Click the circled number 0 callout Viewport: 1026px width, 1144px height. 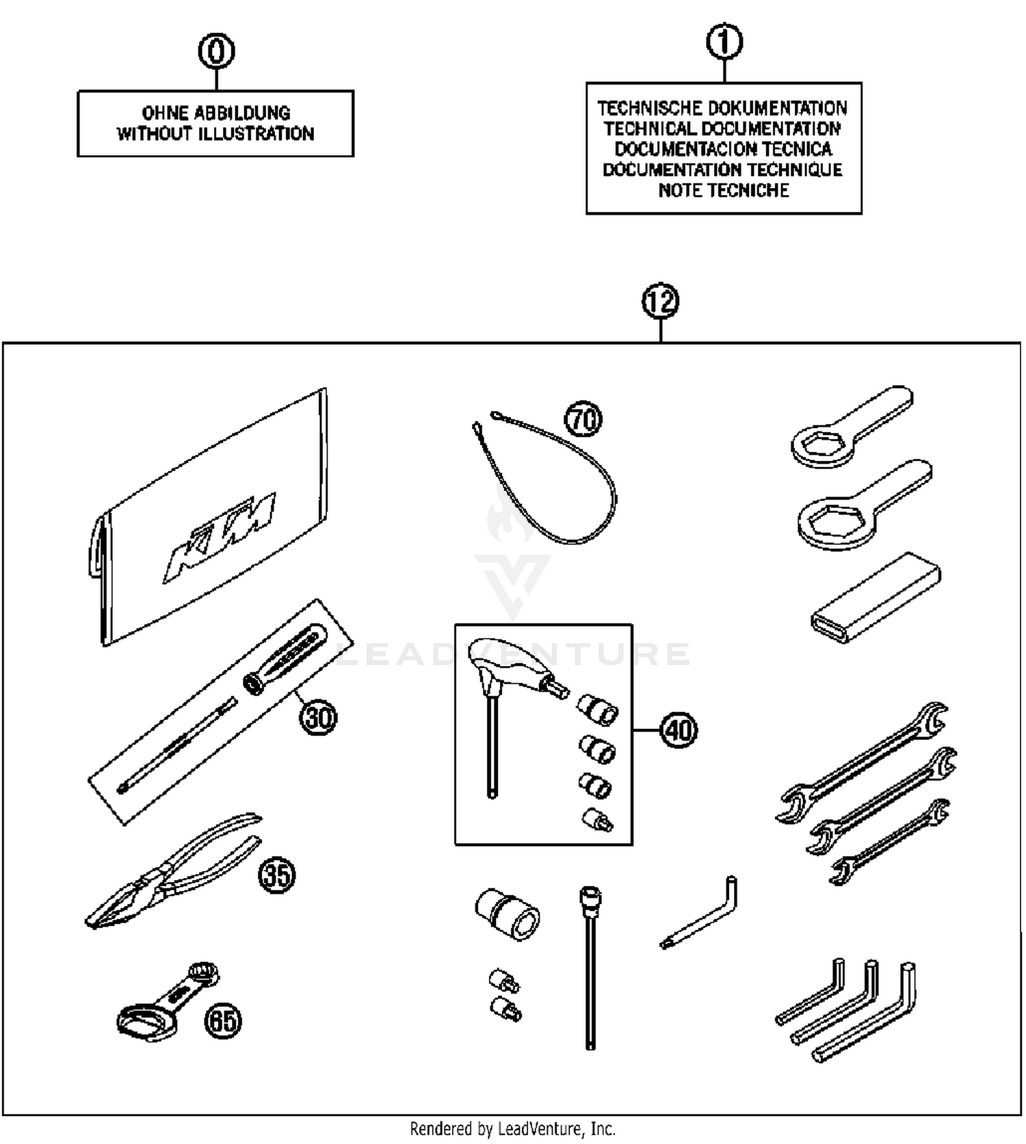(x=216, y=51)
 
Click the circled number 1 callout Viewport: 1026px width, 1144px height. (x=724, y=42)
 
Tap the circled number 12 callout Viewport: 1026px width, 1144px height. (x=660, y=301)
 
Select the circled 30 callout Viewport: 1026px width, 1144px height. (x=319, y=717)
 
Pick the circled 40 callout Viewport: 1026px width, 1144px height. (x=679, y=730)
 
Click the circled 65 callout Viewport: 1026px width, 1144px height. (x=223, y=1021)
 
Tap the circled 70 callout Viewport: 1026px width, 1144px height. (x=583, y=418)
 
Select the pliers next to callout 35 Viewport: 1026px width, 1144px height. (x=171, y=875)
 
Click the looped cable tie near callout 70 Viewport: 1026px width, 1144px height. (x=561, y=485)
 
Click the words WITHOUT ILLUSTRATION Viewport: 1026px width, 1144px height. (x=215, y=133)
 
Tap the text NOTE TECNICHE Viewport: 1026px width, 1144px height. (x=724, y=190)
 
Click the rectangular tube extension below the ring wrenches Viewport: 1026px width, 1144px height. (x=876, y=598)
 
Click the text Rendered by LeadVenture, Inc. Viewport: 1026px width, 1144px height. (x=512, y=1128)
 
